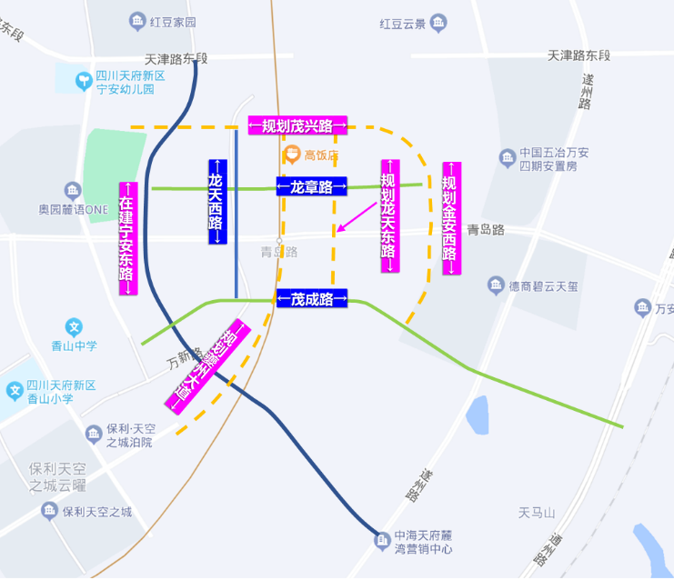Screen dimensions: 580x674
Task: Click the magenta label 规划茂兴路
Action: coord(297,125)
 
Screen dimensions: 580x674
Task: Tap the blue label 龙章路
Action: coord(311,186)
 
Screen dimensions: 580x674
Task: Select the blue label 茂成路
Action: coord(311,297)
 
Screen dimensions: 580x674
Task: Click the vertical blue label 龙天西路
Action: coord(216,202)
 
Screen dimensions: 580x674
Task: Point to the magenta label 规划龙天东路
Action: coord(389,216)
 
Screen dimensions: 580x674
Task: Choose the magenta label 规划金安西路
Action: coord(451,218)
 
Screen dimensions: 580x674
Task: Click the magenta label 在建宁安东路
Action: coord(127,236)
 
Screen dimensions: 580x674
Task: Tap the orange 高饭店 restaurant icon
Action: coord(293,155)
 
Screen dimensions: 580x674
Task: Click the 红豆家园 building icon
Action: coord(137,20)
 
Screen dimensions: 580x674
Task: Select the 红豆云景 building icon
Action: coord(439,22)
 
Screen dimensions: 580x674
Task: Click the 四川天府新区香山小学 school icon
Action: coord(15,392)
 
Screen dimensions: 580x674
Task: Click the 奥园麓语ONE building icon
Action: coord(72,191)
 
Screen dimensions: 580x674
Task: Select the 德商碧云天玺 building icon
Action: coord(496,285)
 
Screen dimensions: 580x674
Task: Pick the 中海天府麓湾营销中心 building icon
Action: coord(383,543)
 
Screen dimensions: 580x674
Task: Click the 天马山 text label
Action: coord(537,513)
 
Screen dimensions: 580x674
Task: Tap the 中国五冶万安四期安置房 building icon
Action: coord(507,159)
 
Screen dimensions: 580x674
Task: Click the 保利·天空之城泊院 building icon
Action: coord(94,435)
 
